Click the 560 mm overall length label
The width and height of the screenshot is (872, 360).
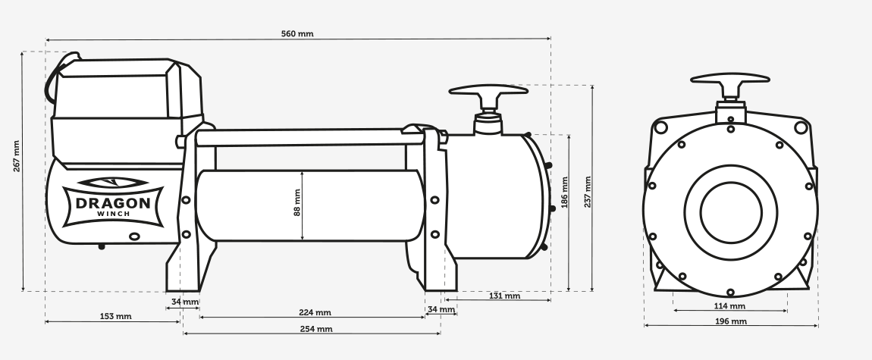297,34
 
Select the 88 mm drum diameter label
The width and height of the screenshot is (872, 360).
296,202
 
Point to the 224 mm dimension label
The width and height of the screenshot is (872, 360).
315,313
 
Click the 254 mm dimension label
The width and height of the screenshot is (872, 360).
316,329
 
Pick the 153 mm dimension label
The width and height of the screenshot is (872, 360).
116,317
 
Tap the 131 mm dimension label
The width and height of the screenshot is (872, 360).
504,296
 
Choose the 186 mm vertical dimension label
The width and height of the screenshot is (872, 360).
564,193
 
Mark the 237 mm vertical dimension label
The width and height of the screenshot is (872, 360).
587,192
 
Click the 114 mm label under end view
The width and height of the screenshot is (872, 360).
729,306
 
